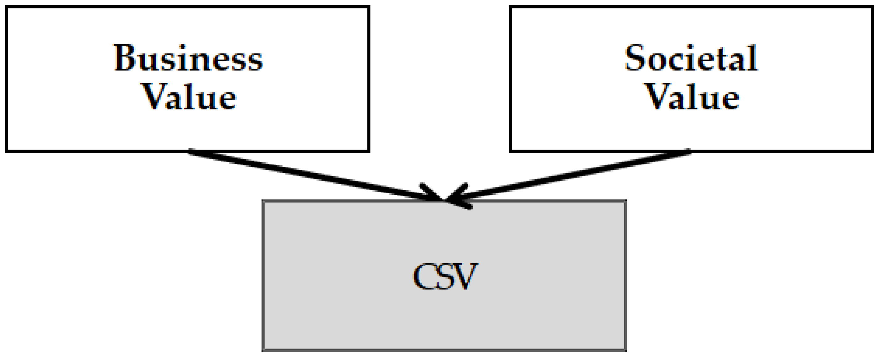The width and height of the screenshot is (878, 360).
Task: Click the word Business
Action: click(x=188, y=58)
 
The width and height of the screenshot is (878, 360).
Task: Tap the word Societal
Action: click(x=691, y=58)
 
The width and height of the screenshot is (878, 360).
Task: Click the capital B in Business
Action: click(x=125, y=58)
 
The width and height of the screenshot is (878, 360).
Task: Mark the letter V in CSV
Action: click(x=465, y=276)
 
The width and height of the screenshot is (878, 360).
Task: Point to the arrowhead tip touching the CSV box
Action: click(x=444, y=199)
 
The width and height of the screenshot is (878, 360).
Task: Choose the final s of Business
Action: click(x=256, y=61)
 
